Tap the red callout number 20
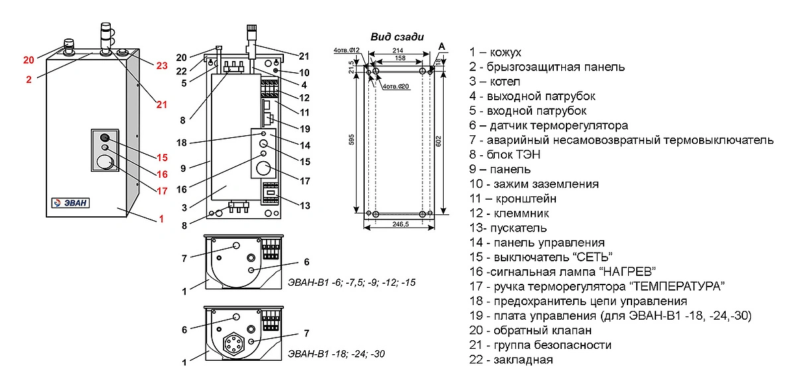(x=29, y=60)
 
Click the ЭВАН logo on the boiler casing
(x=70, y=202)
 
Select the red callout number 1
(x=160, y=220)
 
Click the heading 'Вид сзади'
(x=397, y=37)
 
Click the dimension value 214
(x=398, y=50)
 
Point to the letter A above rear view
(x=441, y=46)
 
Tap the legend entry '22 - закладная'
(x=511, y=360)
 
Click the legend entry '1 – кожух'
(x=495, y=52)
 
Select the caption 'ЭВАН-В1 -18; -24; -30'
(x=336, y=354)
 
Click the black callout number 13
(x=304, y=206)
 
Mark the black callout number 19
(x=304, y=128)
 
